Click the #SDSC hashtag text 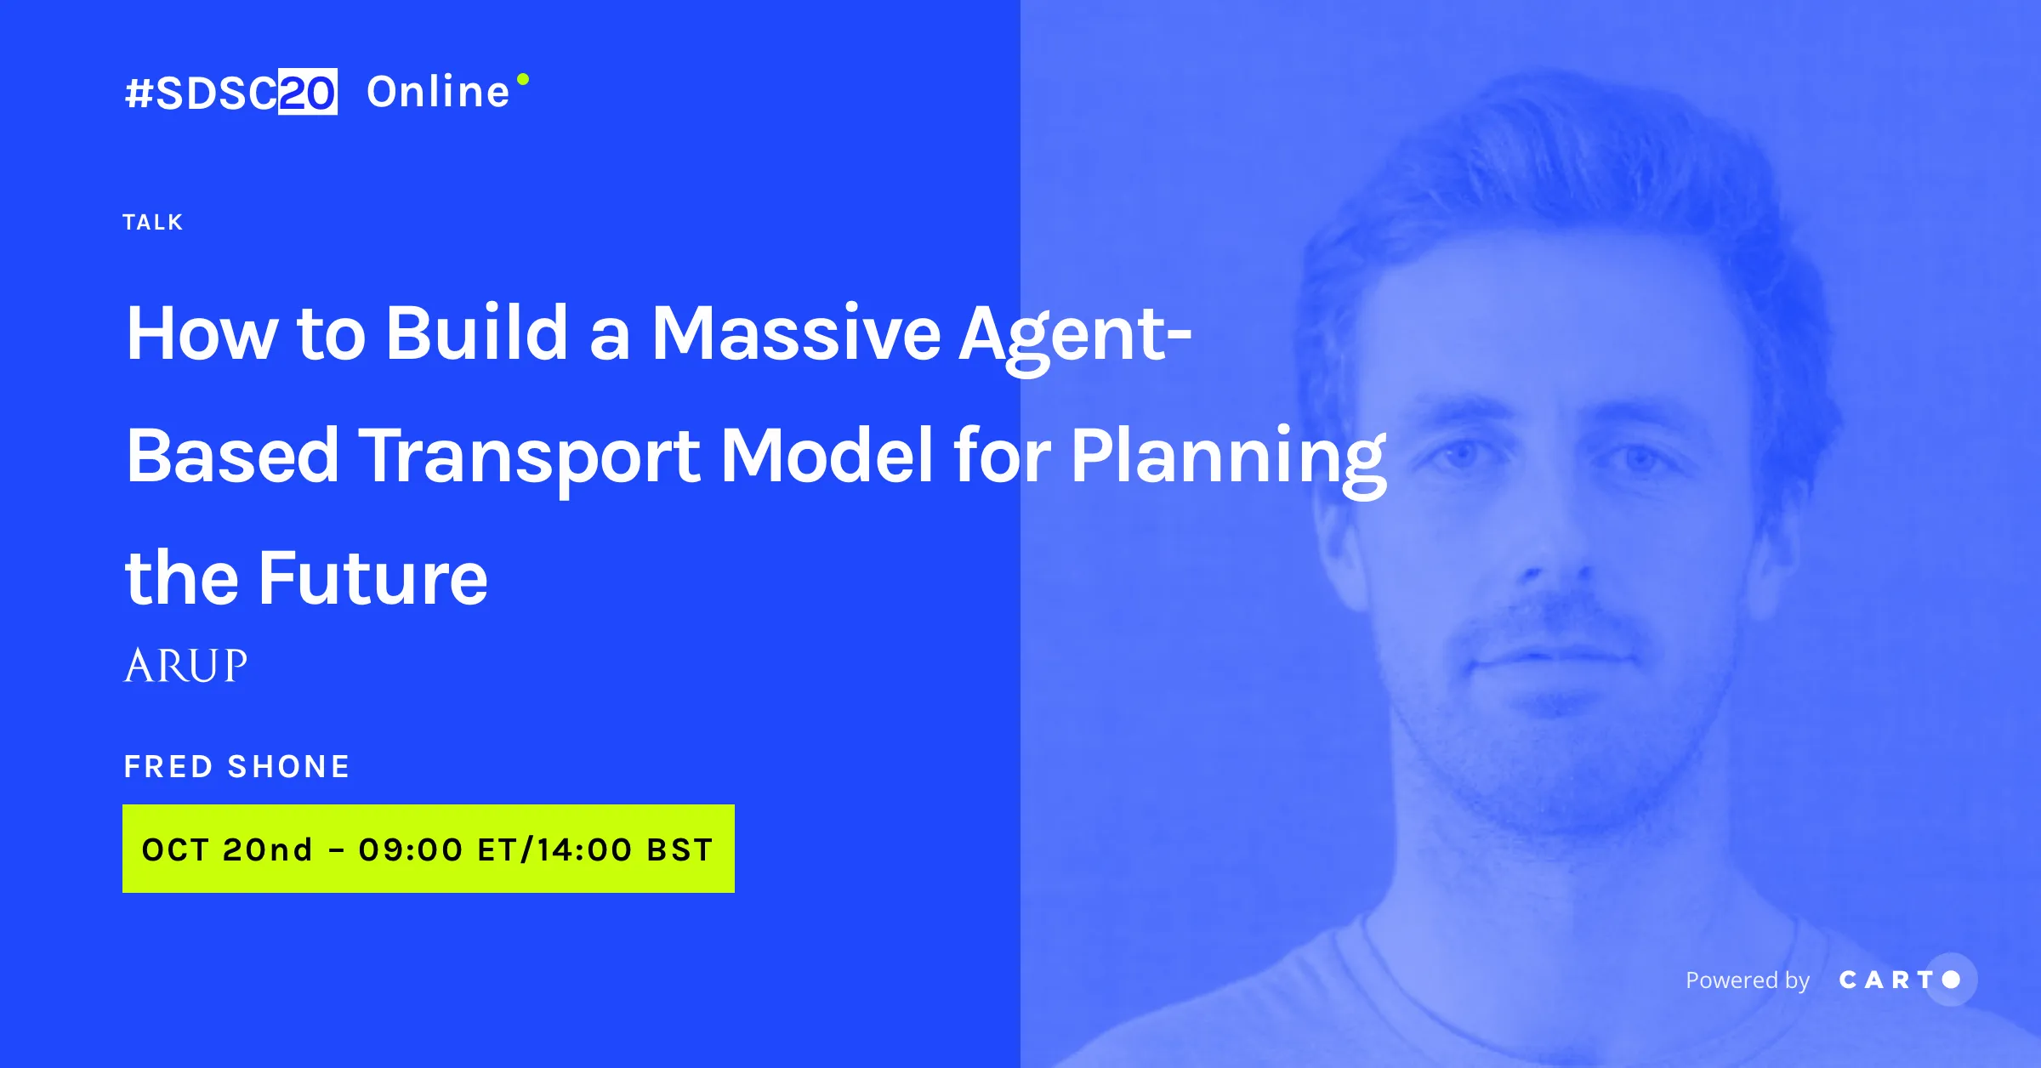point(201,93)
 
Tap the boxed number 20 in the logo point(308,92)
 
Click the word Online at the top point(438,91)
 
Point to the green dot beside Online point(523,79)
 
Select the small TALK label point(153,222)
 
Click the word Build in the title point(476,332)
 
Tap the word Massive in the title point(796,332)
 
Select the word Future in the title point(373,578)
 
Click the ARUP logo point(185,665)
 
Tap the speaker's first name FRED point(168,766)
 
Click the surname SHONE point(289,766)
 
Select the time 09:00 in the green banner point(411,849)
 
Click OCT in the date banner point(175,849)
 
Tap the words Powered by point(1748,980)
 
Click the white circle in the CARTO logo point(1951,980)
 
